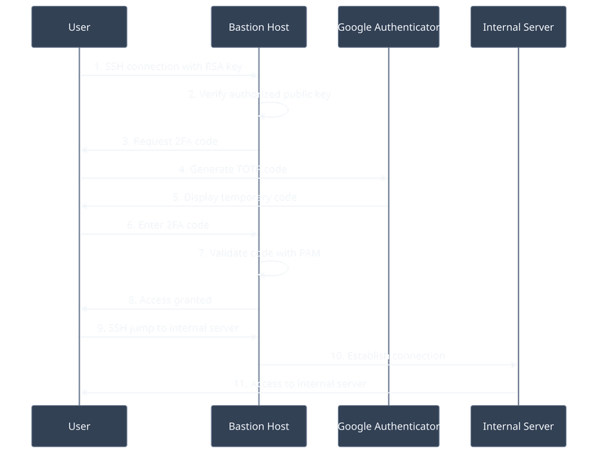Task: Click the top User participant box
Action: pyautogui.click(x=79, y=27)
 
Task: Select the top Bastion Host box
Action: pyautogui.click(x=259, y=27)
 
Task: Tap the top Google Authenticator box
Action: pyautogui.click(x=388, y=27)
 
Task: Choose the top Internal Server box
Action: pyautogui.click(x=518, y=27)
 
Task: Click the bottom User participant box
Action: pyautogui.click(x=79, y=426)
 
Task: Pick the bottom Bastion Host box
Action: pyautogui.click(x=259, y=426)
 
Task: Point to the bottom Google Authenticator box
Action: pyautogui.click(x=388, y=426)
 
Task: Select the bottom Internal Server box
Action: pyautogui.click(x=518, y=426)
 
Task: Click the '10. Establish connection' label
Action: pyautogui.click(x=387, y=356)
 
